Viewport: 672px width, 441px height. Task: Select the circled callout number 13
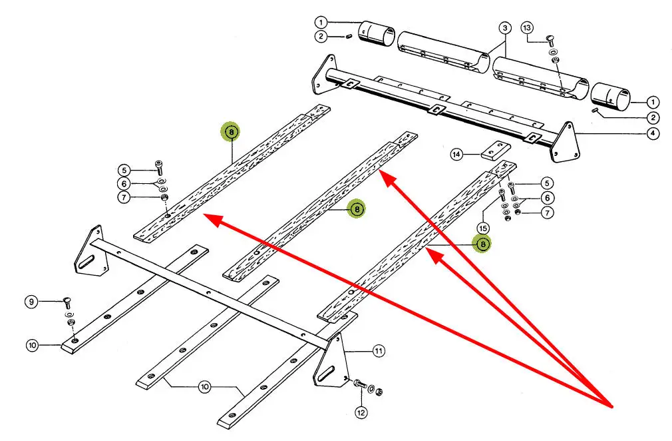tap(527, 27)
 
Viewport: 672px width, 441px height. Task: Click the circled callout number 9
tap(31, 302)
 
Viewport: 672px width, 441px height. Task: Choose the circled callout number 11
tap(379, 350)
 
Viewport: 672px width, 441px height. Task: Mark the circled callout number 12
tap(361, 412)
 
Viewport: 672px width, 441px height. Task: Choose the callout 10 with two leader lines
tap(204, 385)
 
